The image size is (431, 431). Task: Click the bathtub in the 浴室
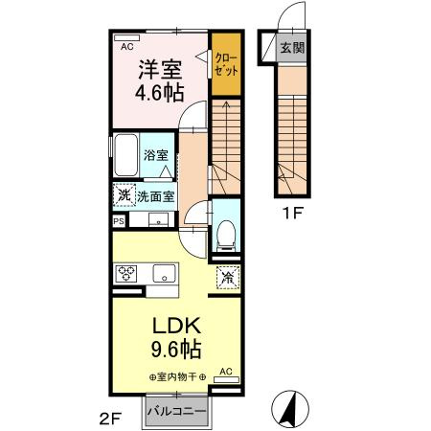(126, 154)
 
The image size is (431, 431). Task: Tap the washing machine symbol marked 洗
(122, 195)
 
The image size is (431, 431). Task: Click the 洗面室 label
(154, 196)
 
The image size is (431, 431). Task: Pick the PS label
(119, 221)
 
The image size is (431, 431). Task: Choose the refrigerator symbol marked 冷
(228, 277)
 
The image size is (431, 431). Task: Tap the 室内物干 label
(178, 376)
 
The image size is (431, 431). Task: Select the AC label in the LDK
(226, 370)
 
